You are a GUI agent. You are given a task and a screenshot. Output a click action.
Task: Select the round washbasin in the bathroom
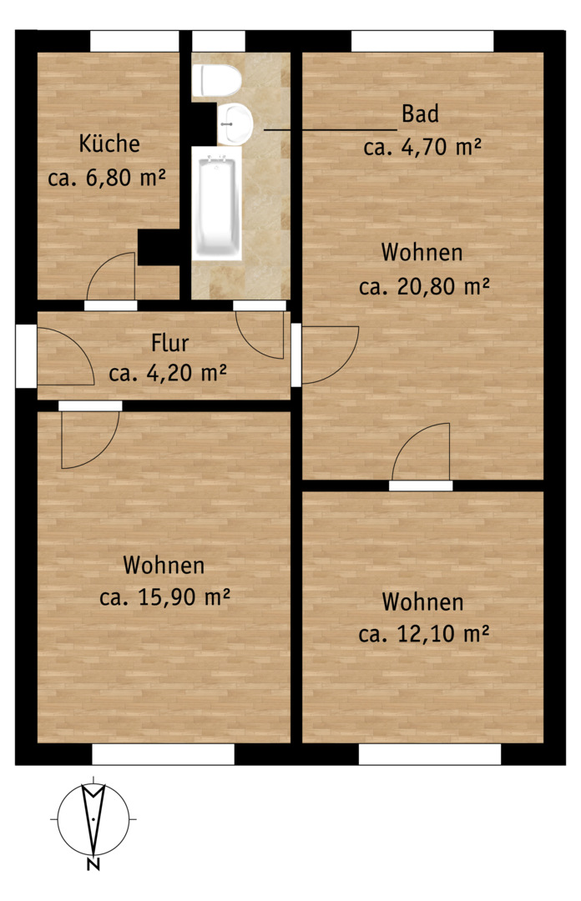tap(235, 123)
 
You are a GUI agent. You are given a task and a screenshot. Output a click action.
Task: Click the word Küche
tap(109, 143)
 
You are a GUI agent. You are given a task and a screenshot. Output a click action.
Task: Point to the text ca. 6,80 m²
tap(107, 178)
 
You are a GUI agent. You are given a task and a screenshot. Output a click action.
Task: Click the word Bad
tap(420, 113)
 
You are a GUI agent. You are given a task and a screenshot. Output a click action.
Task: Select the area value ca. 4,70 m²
tap(422, 147)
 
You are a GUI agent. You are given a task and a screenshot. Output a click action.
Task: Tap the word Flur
tap(169, 343)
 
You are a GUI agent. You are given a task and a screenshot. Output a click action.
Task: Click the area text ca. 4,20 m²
tap(168, 374)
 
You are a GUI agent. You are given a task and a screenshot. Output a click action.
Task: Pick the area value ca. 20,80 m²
tap(425, 285)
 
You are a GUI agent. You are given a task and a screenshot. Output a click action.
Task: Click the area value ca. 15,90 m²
tap(164, 597)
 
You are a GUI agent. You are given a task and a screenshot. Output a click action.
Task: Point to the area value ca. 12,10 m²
tap(424, 634)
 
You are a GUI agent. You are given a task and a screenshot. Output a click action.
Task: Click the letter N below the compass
tap(93, 863)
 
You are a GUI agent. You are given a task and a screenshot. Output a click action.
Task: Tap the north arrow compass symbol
tap(93, 818)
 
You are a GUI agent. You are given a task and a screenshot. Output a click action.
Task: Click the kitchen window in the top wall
tap(134, 41)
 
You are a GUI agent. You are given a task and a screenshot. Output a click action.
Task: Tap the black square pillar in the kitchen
tap(159, 248)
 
